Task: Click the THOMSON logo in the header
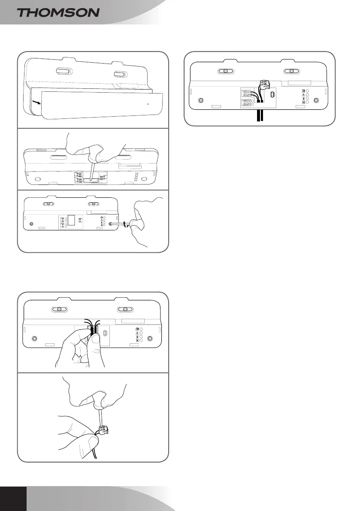click(58, 12)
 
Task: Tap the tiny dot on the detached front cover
click(148, 103)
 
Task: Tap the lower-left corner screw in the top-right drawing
click(200, 101)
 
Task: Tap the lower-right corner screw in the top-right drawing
click(316, 100)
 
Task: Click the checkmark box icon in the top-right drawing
click(304, 91)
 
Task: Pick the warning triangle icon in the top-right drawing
click(304, 95)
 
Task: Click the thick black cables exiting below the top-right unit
click(259, 116)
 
